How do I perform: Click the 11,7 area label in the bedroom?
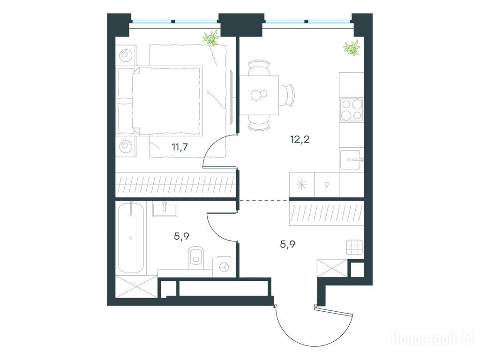point(180,147)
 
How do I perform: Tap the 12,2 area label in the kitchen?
point(300,139)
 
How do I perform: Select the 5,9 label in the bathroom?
point(181,236)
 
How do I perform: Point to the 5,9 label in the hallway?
point(288,244)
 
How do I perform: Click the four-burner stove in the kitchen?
point(352,110)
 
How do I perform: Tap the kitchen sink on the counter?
point(352,159)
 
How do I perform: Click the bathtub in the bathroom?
point(131,237)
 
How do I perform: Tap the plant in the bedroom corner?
point(211,38)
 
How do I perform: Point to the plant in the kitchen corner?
point(352,48)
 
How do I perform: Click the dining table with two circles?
point(259,95)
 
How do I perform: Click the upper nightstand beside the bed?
point(126,55)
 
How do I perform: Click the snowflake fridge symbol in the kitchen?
point(301,185)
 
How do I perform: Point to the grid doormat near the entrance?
point(354,247)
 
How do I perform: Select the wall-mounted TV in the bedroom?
point(232,97)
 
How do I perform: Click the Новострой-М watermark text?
point(433,339)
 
